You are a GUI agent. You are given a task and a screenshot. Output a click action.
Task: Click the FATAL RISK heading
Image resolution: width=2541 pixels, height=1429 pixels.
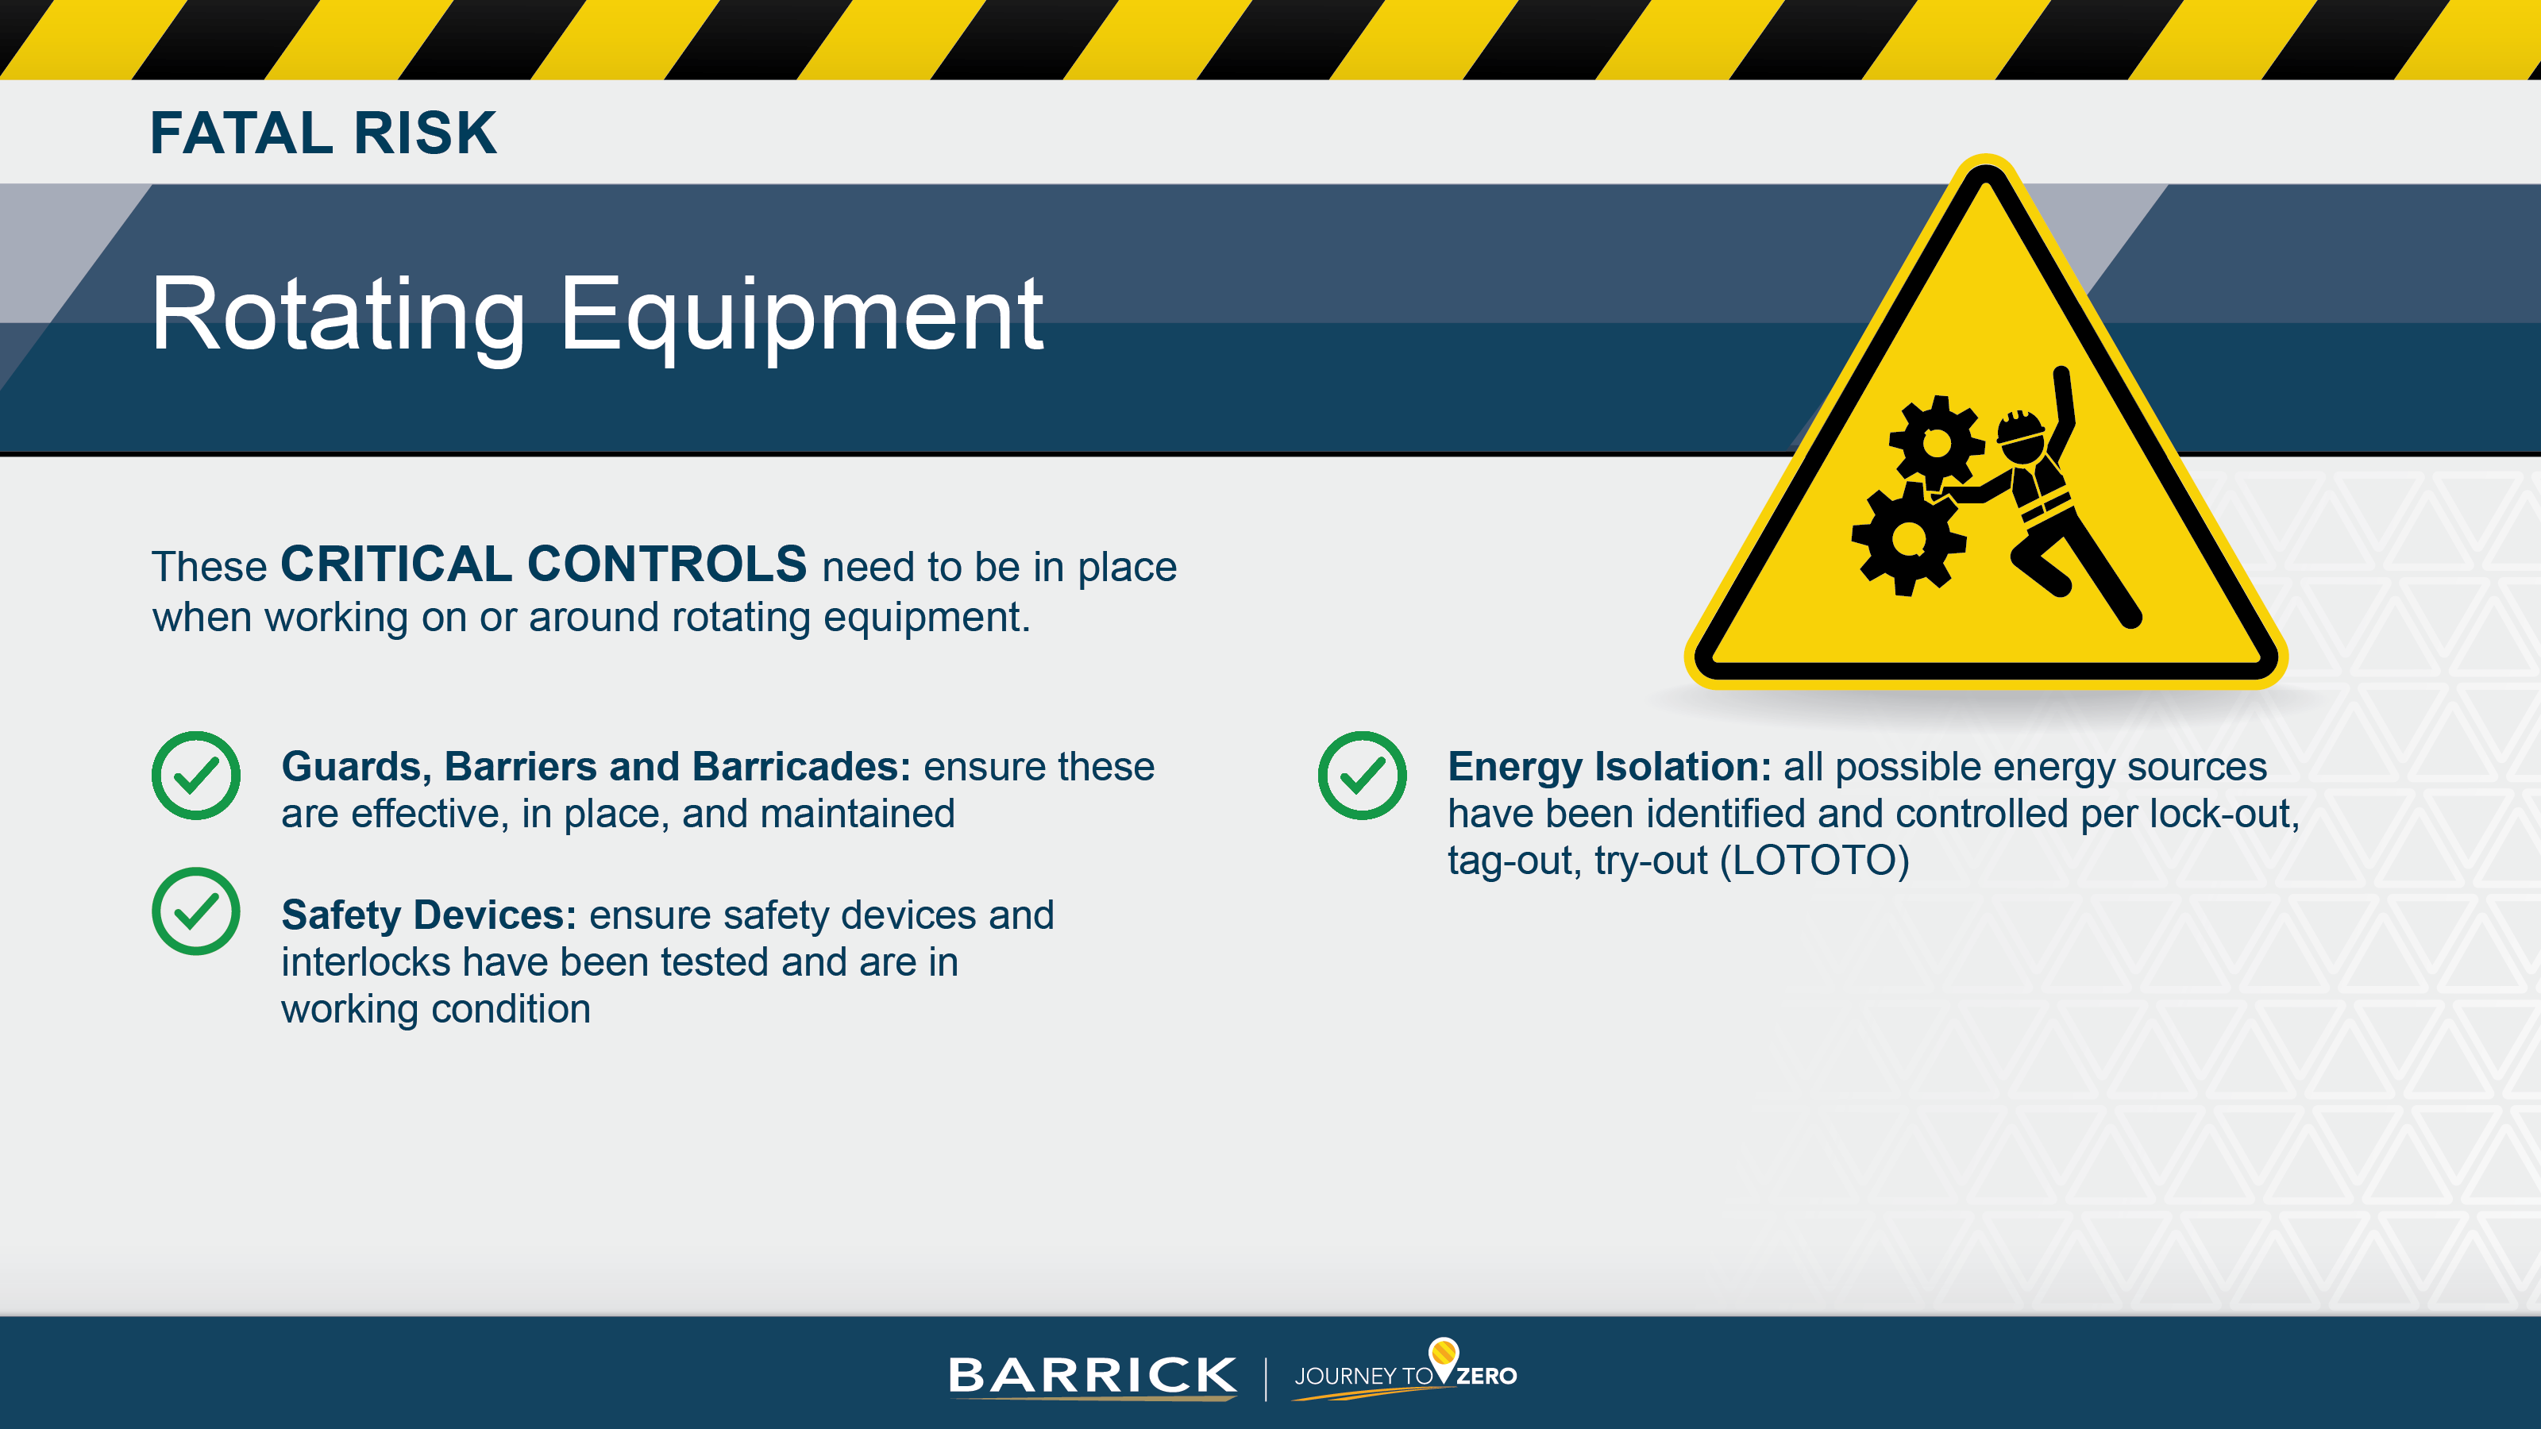322,133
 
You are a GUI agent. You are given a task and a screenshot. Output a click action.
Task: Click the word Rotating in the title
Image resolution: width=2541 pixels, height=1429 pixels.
337,316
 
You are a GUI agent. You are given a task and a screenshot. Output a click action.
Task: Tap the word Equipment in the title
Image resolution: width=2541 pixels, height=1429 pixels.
801,316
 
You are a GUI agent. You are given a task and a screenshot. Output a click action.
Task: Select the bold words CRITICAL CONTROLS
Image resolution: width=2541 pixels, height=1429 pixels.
543,565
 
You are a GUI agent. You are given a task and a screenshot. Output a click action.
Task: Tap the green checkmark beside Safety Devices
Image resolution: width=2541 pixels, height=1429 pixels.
195,911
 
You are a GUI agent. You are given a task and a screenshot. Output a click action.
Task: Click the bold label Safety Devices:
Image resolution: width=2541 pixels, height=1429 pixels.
428,915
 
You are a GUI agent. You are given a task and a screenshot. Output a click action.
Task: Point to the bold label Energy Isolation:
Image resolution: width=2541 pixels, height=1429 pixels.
1609,766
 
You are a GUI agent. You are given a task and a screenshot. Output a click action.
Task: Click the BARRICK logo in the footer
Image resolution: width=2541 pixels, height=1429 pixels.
1092,1376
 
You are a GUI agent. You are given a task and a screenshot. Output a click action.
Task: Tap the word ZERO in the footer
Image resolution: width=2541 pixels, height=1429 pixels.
1486,1377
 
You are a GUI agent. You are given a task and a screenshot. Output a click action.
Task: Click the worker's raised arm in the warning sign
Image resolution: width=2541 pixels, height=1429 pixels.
2065,404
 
